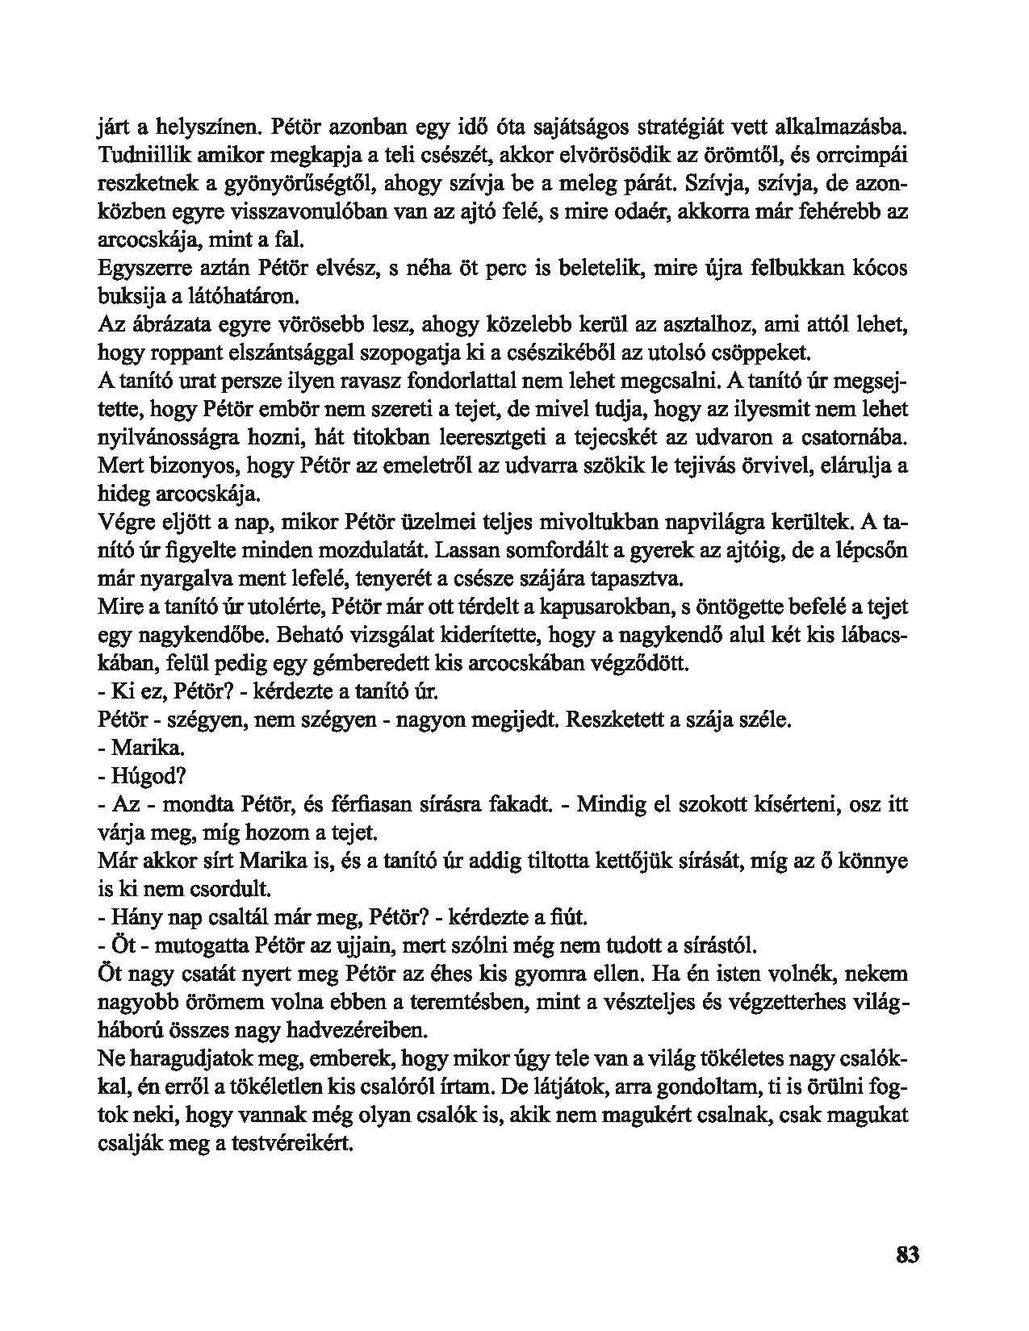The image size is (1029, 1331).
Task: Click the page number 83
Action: pos(907,1255)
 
